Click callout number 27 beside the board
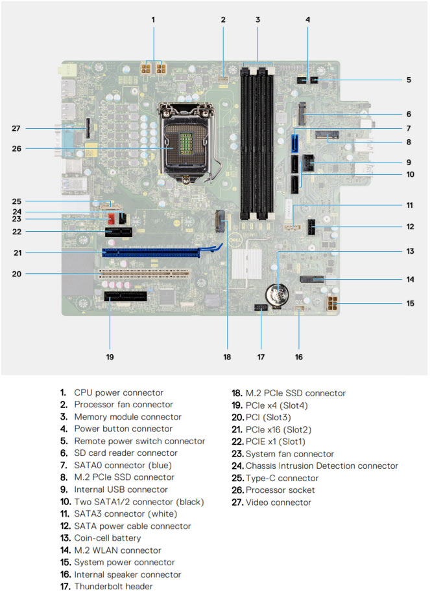(17, 128)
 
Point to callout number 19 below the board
(110, 356)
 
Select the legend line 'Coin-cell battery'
(107, 538)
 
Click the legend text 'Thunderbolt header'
(113, 587)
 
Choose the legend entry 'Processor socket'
(280, 490)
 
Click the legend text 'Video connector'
(278, 502)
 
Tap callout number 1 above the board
(154, 19)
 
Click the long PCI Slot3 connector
(144, 273)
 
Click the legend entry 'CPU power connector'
(119, 392)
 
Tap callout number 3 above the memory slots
(257, 19)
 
